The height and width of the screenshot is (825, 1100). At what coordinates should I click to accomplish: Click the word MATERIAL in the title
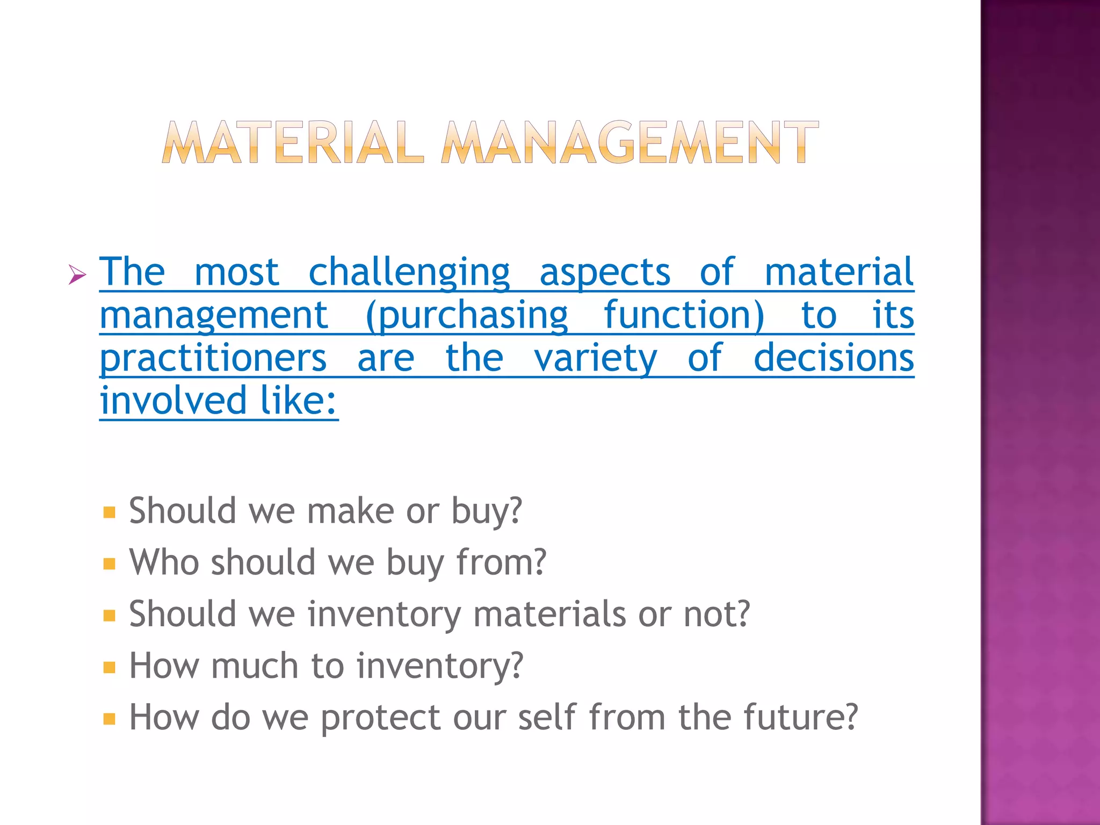coord(293,142)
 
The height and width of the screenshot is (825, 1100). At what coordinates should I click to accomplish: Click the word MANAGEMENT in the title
coord(629,142)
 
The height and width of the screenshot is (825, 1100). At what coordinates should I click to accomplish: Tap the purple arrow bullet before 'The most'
coord(77,276)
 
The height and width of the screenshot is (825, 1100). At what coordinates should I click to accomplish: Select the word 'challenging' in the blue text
coord(409,273)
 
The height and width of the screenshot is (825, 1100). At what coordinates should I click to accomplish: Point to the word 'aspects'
coord(605,273)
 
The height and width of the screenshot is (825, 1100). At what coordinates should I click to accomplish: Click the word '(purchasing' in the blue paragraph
coord(466,316)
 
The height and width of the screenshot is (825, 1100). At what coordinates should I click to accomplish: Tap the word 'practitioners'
coord(213,359)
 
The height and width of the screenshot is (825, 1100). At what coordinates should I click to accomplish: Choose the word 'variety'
coord(596,359)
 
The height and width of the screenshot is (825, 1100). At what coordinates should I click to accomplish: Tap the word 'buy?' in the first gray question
coord(487,511)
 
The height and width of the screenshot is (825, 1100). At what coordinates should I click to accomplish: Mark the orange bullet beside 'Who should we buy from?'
coord(110,563)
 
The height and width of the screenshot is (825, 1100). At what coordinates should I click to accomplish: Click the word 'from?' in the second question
coord(501,562)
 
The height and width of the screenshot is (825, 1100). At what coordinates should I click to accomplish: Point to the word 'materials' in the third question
coord(549,614)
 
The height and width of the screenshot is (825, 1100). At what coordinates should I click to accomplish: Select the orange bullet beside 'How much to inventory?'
coord(110,667)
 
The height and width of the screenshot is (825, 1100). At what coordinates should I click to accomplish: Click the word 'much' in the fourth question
coord(255,666)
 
